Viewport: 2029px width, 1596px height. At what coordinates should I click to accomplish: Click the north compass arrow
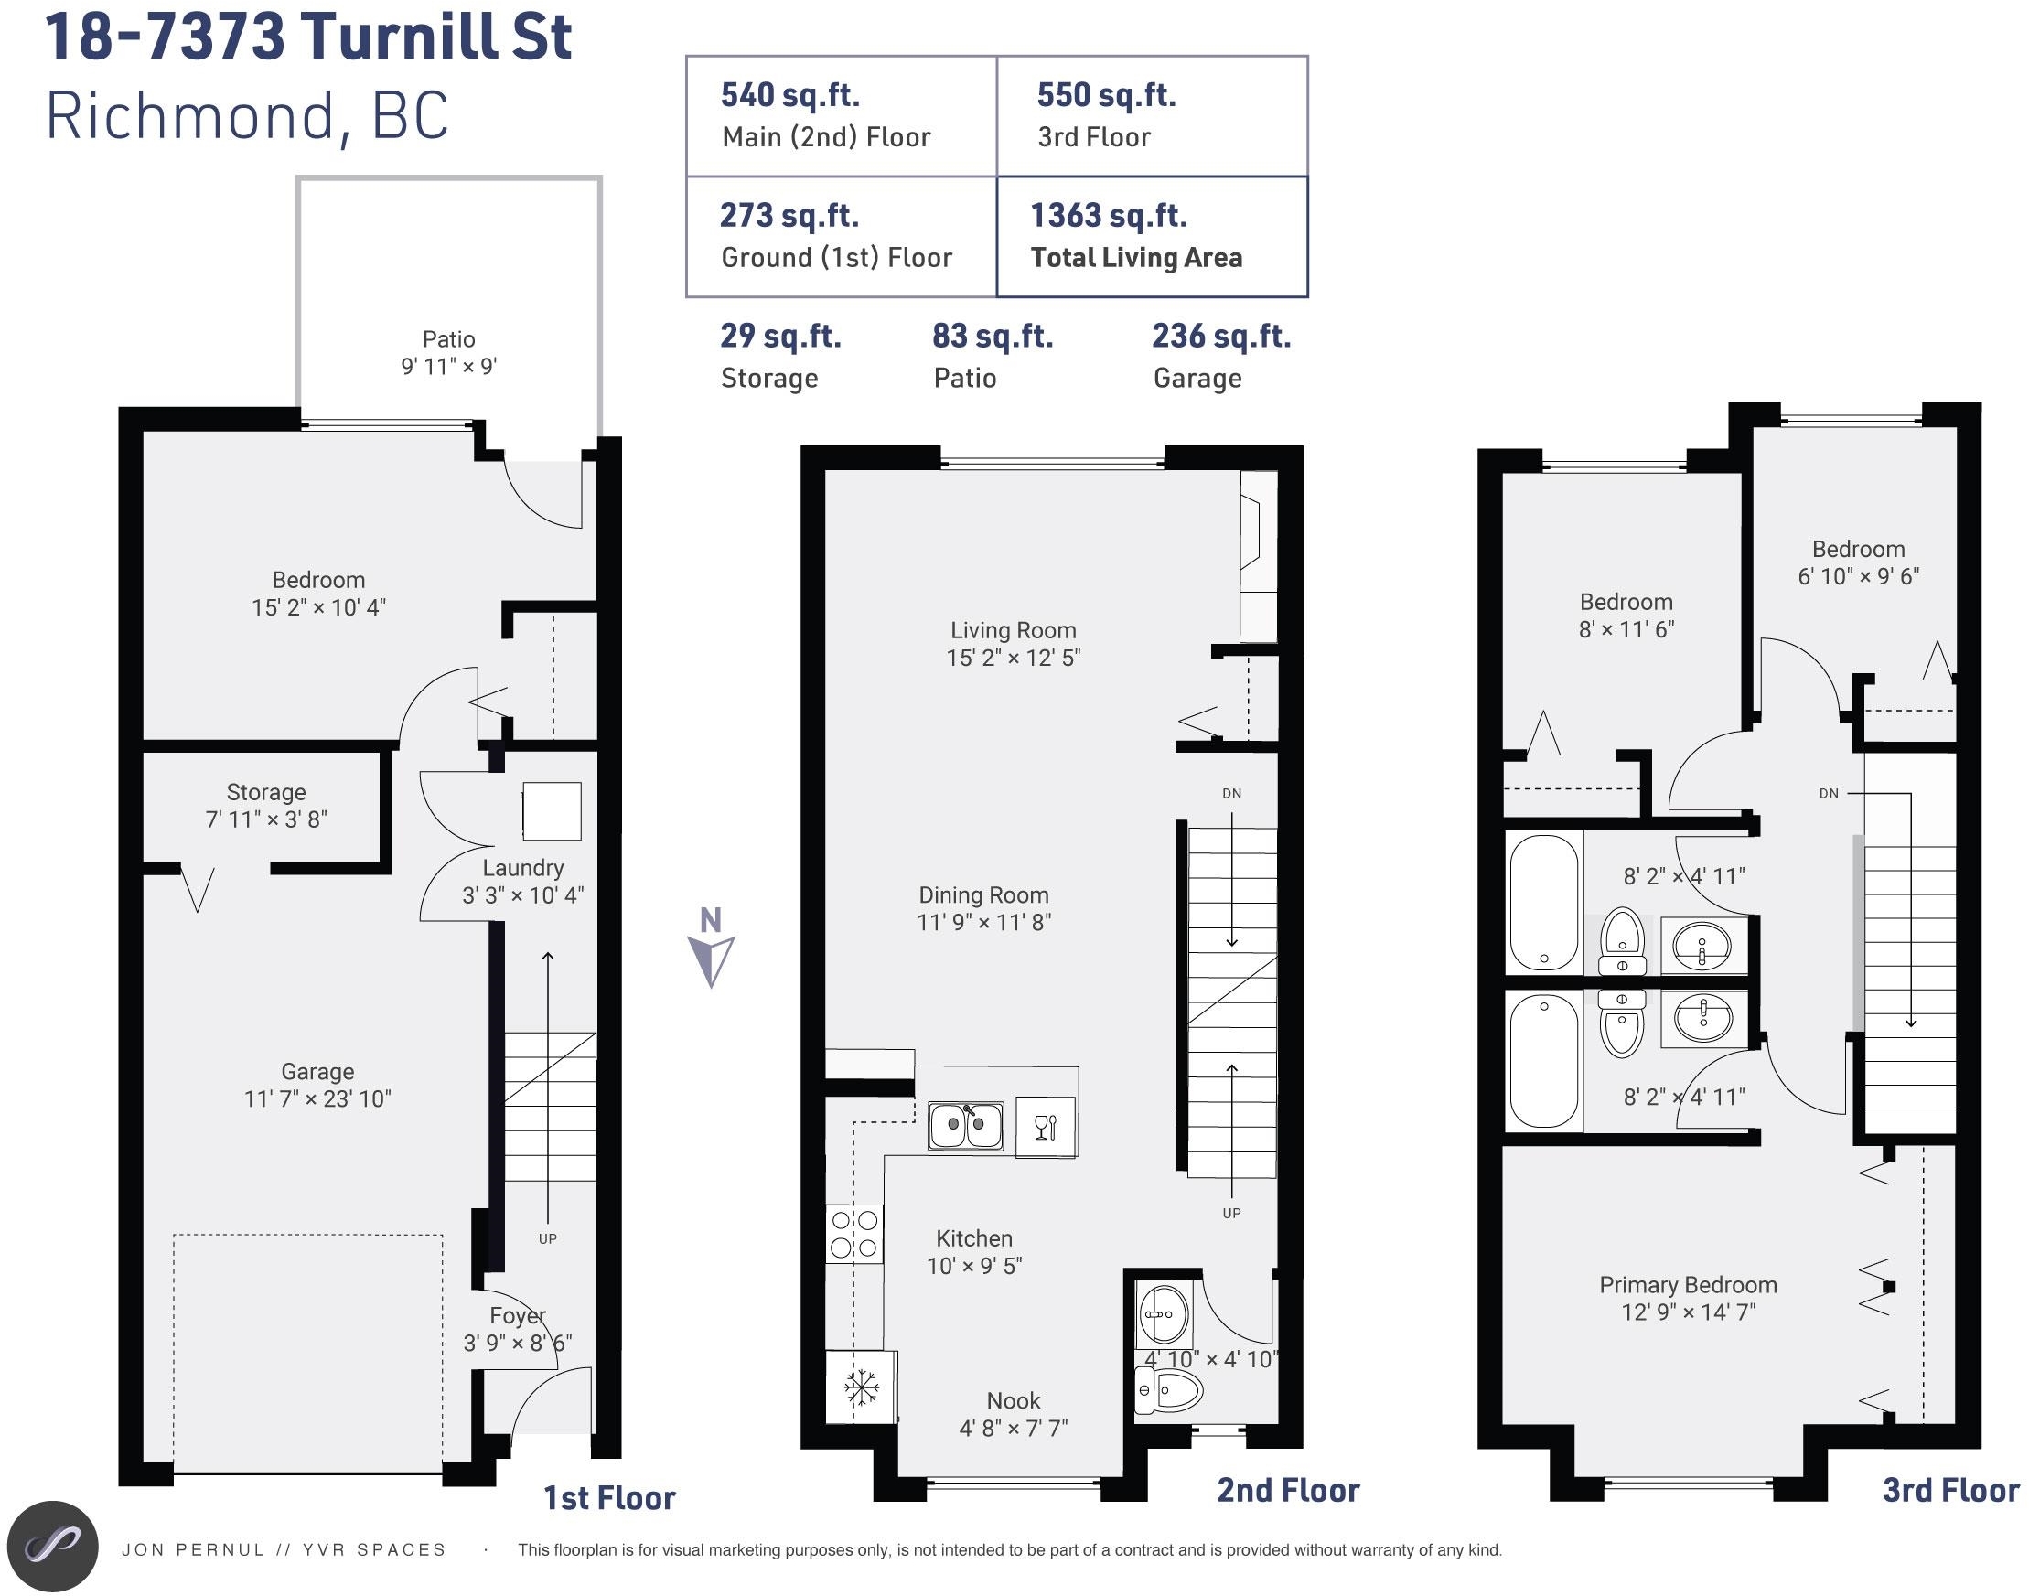click(x=711, y=960)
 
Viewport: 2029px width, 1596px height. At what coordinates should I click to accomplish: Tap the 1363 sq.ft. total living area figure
click(x=1109, y=216)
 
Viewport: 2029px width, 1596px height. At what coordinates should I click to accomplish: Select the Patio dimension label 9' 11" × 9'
click(x=448, y=366)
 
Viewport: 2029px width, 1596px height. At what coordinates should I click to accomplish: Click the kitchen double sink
click(x=965, y=1124)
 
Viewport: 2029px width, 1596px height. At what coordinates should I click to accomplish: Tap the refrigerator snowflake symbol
click(x=861, y=1387)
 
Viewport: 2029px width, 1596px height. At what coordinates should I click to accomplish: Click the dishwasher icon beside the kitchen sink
click(x=1045, y=1126)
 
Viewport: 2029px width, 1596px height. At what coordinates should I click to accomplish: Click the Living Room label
click(x=1013, y=631)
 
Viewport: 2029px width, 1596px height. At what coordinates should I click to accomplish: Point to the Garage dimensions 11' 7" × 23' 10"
click(x=317, y=1098)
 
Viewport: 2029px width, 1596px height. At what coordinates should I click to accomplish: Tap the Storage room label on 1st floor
click(x=266, y=792)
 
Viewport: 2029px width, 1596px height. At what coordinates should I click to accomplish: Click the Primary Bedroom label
click(x=1688, y=1285)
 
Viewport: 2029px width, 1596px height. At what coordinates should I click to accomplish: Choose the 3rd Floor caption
click(x=1950, y=1491)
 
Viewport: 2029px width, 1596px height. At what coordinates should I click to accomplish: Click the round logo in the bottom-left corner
click(x=52, y=1547)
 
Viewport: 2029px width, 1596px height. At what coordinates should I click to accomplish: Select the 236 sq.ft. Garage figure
click(x=1220, y=337)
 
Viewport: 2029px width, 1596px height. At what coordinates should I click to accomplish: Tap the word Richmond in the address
click(x=189, y=117)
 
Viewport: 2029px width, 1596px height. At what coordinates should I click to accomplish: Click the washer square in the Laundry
click(x=552, y=811)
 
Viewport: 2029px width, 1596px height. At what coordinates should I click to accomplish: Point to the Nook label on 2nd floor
click(x=1013, y=1400)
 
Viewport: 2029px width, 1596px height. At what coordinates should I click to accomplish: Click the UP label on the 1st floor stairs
click(x=548, y=1239)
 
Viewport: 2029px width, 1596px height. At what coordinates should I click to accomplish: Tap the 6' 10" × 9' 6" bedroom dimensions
click(x=1858, y=576)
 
